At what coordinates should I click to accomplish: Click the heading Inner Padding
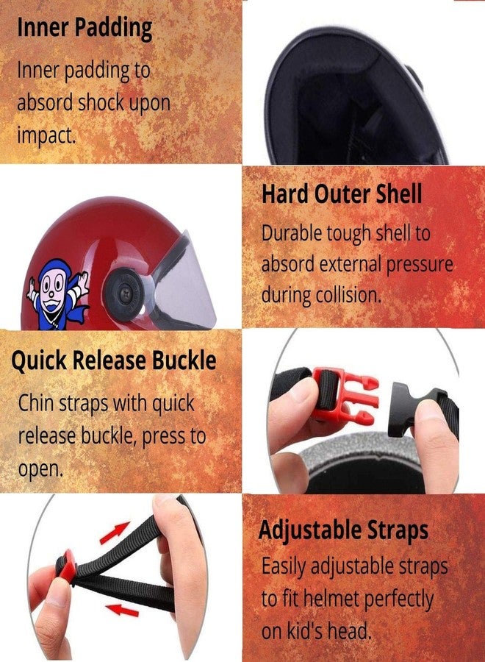(x=85, y=28)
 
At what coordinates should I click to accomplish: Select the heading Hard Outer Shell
(x=342, y=194)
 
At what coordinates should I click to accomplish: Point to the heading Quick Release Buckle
(x=114, y=361)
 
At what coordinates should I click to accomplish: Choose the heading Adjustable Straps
(x=344, y=530)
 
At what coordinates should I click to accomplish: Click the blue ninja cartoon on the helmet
(x=59, y=294)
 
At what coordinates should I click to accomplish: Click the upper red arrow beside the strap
(x=115, y=533)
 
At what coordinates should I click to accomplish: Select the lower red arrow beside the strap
(x=121, y=609)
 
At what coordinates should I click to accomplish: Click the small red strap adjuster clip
(x=69, y=568)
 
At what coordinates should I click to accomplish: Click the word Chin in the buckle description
(x=35, y=403)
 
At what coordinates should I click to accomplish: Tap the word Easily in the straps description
(x=284, y=566)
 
